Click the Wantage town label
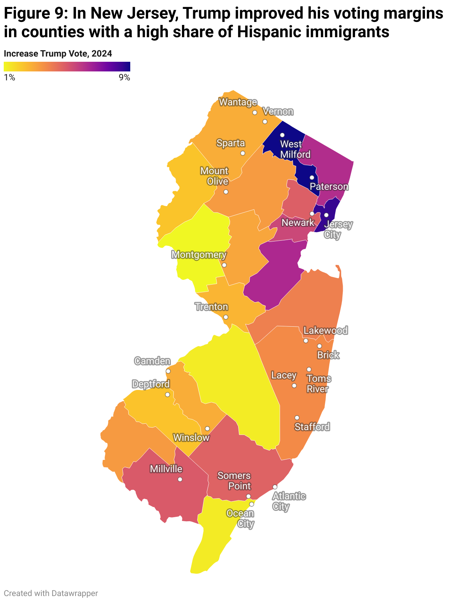(x=238, y=102)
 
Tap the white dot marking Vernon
(x=265, y=122)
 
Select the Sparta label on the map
(x=231, y=143)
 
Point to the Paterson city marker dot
(x=312, y=177)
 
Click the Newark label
(x=298, y=222)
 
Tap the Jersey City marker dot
(x=326, y=215)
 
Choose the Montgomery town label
(x=199, y=255)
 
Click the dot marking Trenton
(x=226, y=317)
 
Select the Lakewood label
(x=326, y=330)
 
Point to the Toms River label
(x=319, y=384)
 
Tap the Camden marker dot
(x=168, y=371)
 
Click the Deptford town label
(x=151, y=384)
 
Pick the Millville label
(x=166, y=469)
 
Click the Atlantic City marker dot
(x=275, y=487)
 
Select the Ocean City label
(x=240, y=519)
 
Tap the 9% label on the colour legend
(x=124, y=77)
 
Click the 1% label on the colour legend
(x=9, y=77)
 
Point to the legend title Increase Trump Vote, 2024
(x=58, y=54)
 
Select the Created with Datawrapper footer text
(x=51, y=593)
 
